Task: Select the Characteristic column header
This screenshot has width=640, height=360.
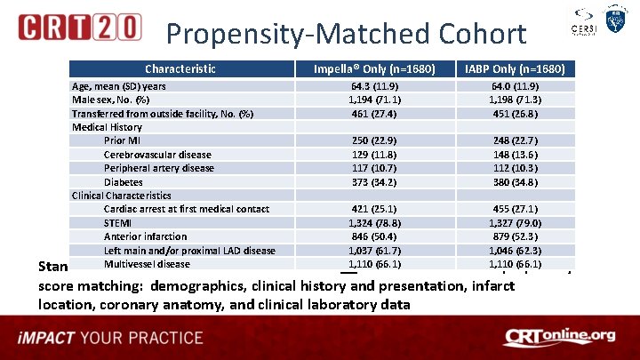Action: pyautogui.click(x=180, y=69)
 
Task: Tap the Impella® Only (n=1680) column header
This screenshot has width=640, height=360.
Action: pyautogui.click(x=373, y=69)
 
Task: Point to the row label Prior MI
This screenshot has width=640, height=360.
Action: pyautogui.click(x=123, y=140)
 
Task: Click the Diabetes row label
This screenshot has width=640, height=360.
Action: pyautogui.click(x=124, y=182)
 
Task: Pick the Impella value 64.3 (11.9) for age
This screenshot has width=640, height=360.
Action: pyautogui.click(x=373, y=86)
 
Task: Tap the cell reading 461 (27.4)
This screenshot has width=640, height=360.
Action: pyautogui.click(x=373, y=114)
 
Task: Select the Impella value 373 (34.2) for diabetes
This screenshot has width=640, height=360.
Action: pyautogui.click(x=373, y=182)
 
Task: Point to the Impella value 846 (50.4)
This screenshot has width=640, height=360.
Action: pyautogui.click(x=373, y=236)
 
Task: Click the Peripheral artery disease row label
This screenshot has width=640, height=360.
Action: pyautogui.click(x=158, y=168)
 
